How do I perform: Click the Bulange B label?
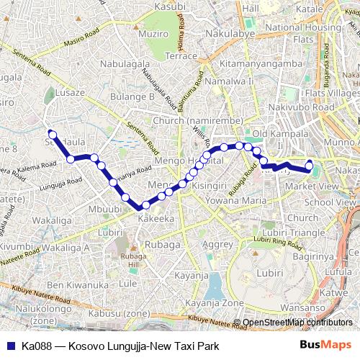[x=131, y=96]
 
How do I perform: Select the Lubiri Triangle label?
[x=284, y=233]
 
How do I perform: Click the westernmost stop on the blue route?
[x=52, y=132]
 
